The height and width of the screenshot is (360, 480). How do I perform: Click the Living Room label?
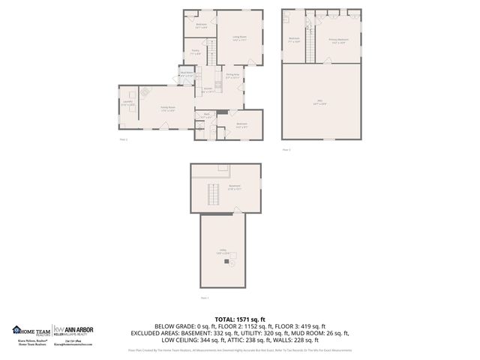coord(239,37)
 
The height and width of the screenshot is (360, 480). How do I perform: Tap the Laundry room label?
coord(128,103)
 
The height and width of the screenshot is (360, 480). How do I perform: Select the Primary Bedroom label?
coord(338,40)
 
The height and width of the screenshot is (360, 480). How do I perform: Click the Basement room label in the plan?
coord(233,188)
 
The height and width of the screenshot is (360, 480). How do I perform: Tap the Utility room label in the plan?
coord(222,253)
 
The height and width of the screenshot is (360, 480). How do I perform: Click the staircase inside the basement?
coord(213,196)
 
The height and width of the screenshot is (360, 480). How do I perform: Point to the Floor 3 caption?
coord(286,149)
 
